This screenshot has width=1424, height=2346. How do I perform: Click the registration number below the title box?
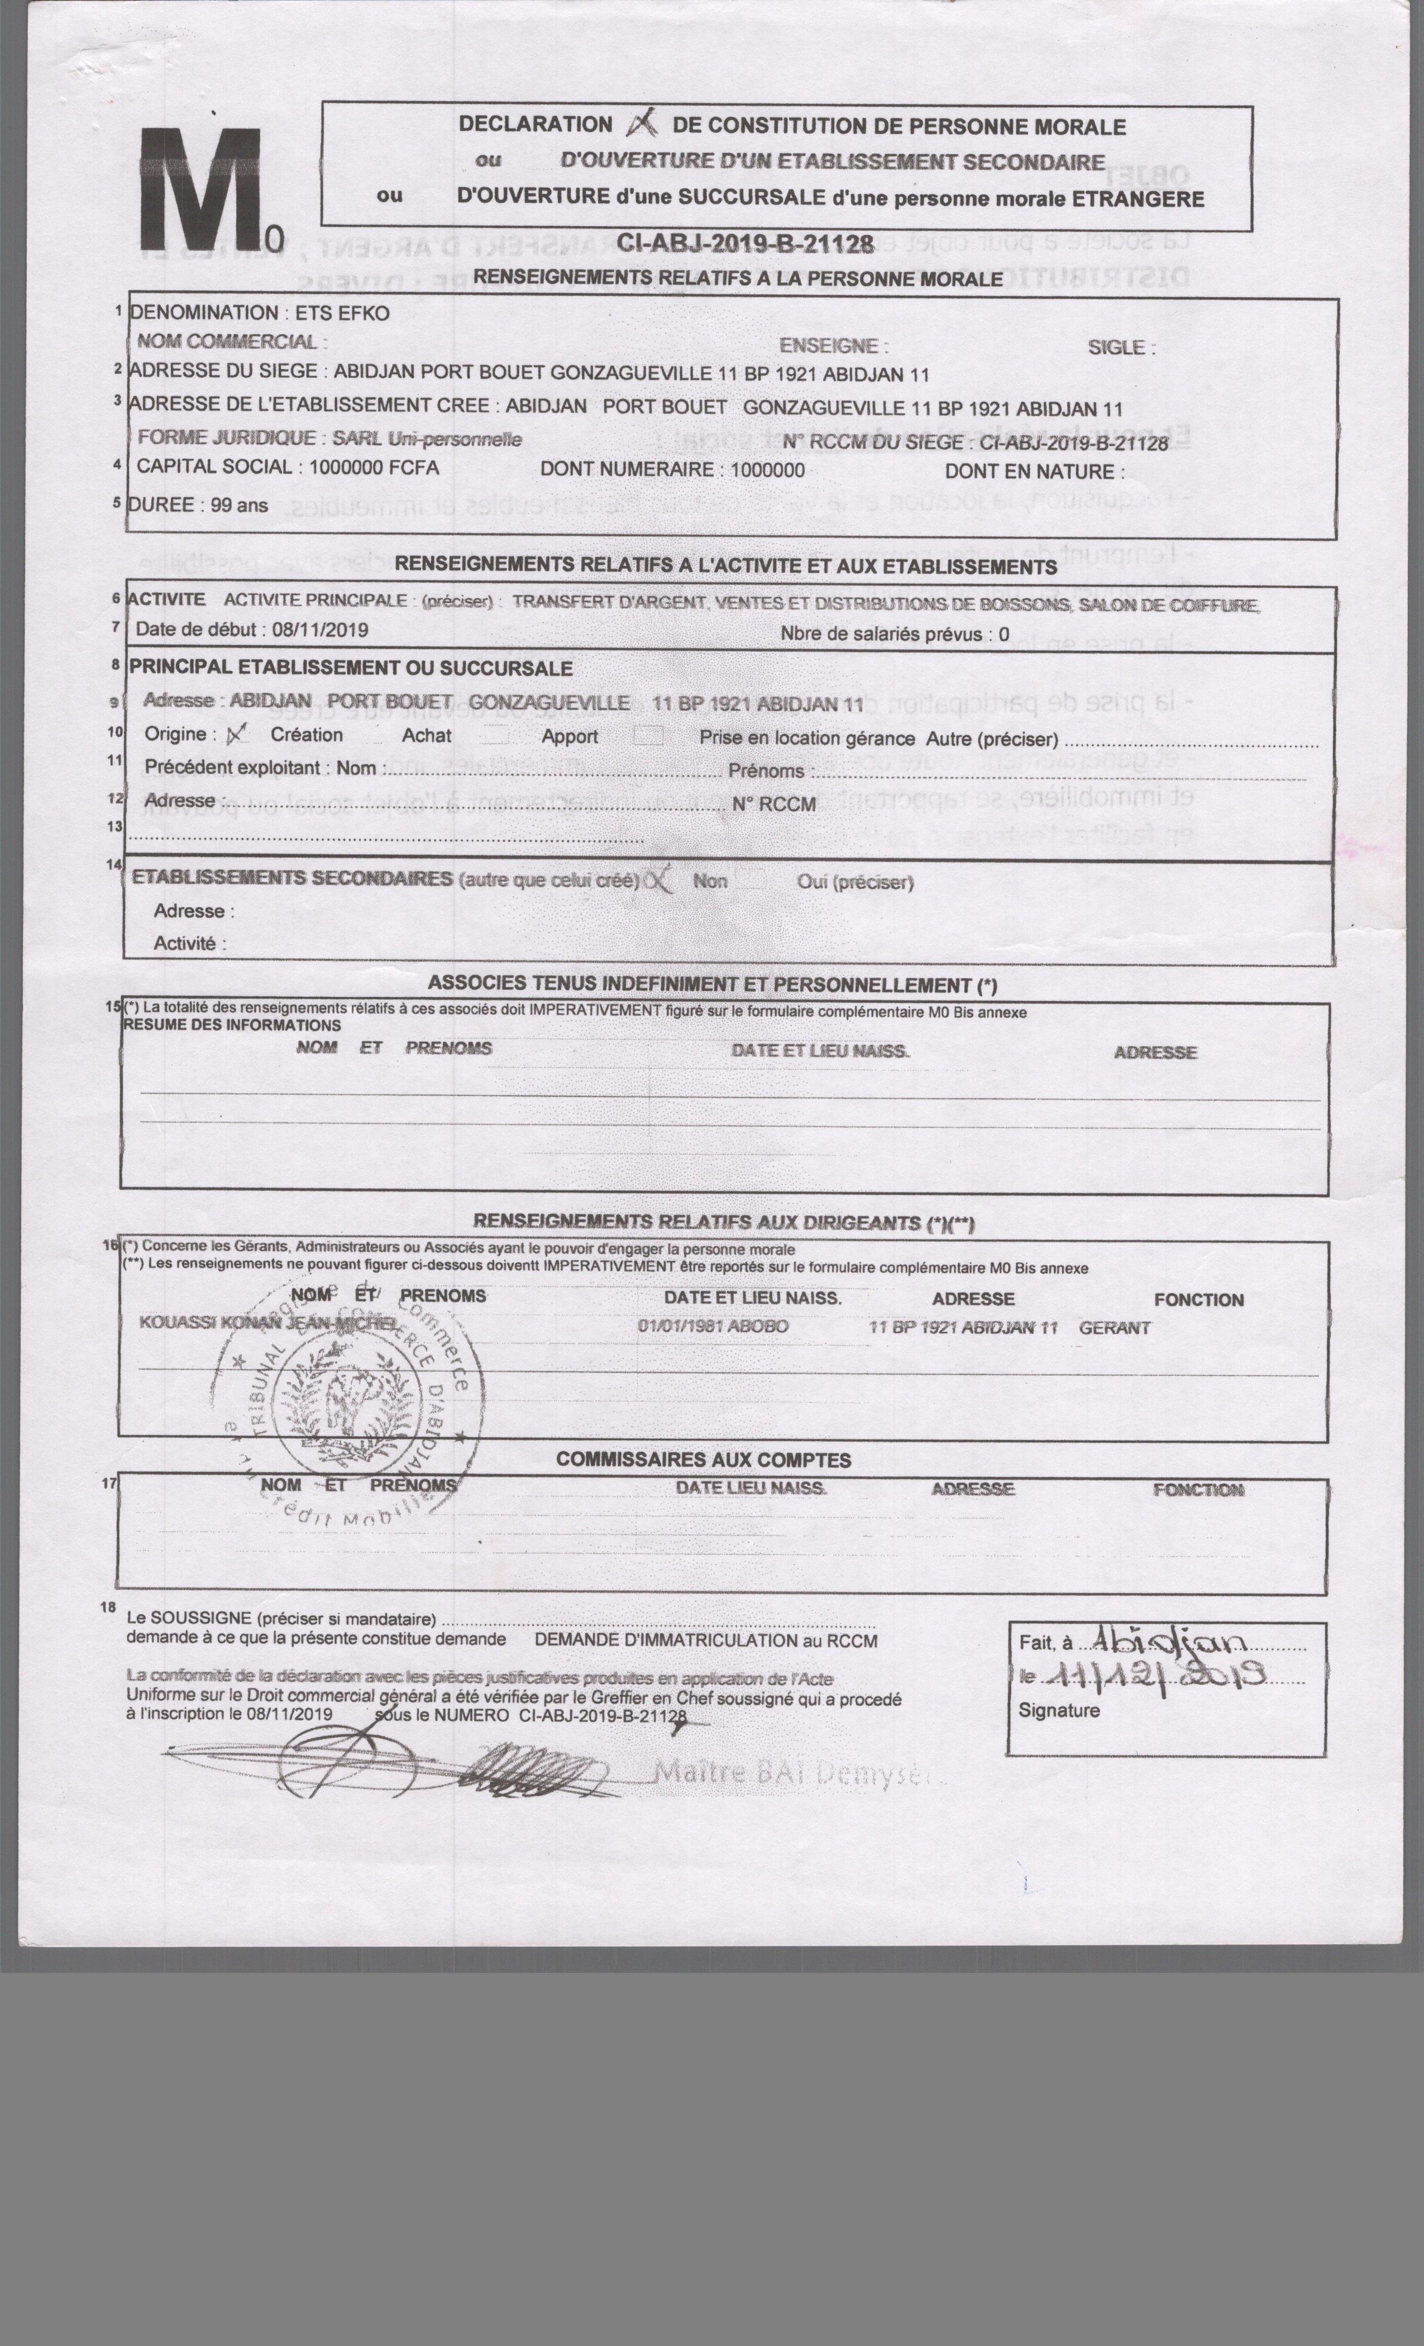[x=746, y=245]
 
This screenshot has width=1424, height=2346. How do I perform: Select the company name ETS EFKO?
[x=342, y=313]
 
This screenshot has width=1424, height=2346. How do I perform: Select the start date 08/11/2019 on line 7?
[x=320, y=630]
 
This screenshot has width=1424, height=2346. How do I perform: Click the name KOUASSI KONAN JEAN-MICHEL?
[x=270, y=1323]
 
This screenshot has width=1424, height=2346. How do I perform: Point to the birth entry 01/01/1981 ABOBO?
[x=713, y=1325]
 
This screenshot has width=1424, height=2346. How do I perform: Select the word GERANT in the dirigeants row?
[x=1115, y=1327]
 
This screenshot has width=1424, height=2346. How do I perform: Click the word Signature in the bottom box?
[x=1058, y=1710]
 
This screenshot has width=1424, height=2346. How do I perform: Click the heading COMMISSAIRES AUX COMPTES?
[x=704, y=1460]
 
